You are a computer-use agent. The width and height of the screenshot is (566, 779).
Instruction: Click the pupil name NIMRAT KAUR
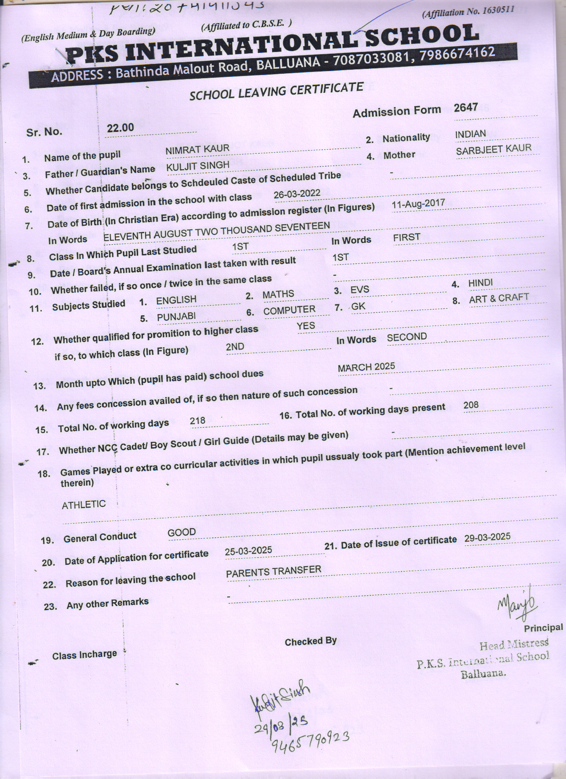pos(197,149)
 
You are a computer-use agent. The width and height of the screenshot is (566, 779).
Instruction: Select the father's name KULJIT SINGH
pos(198,166)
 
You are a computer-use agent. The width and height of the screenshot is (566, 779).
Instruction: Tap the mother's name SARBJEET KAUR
pos(493,149)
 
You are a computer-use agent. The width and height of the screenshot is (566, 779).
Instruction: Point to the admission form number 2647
pos(466,107)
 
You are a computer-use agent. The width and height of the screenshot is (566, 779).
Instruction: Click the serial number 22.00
pos(120,128)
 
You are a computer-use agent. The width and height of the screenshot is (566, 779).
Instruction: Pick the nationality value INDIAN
pos(470,134)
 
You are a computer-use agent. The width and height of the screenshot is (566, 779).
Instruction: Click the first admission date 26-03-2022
pos(297,194)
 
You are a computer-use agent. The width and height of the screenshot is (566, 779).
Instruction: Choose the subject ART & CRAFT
pos(499,298)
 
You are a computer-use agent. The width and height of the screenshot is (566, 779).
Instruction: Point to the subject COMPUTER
pos(289,310)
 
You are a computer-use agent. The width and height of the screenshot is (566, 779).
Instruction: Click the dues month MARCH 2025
pos(366,367)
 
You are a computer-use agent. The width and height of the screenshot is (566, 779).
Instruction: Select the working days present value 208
pos(471,405)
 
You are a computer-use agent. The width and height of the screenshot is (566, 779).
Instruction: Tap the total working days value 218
pos(198,421)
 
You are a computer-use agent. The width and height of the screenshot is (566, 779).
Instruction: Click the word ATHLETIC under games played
pos(83,505)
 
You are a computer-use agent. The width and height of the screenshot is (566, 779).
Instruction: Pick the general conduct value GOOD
pos(182,532)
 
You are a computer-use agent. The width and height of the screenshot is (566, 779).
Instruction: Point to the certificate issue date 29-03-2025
pos(487,537)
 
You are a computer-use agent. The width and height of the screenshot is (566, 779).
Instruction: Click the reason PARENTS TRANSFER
pos(273,572)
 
